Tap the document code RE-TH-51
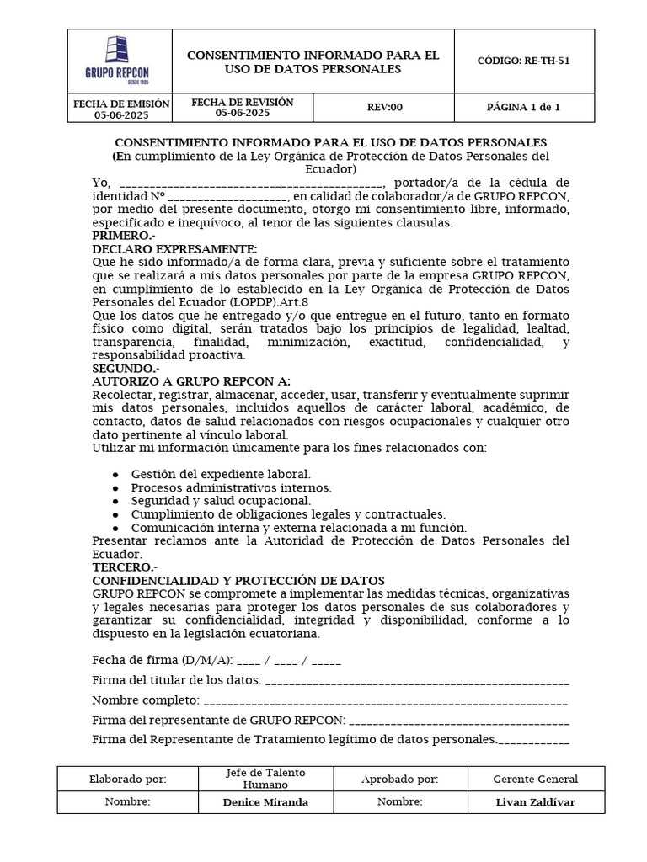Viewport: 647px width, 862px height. [523, 61]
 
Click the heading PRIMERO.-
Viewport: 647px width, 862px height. [117, 236]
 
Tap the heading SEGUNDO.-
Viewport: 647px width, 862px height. [123, 369]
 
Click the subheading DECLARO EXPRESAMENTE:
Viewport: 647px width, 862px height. [174, 249]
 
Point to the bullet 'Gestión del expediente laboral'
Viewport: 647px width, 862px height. [220, 474]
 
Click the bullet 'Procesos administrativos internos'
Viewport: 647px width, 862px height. [231, 487]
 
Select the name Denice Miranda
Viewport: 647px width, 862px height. [265, 802]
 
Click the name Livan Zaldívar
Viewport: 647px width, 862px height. [535, 802]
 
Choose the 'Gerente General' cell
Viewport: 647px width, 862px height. [535, 780]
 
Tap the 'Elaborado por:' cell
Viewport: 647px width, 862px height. [128, 780]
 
